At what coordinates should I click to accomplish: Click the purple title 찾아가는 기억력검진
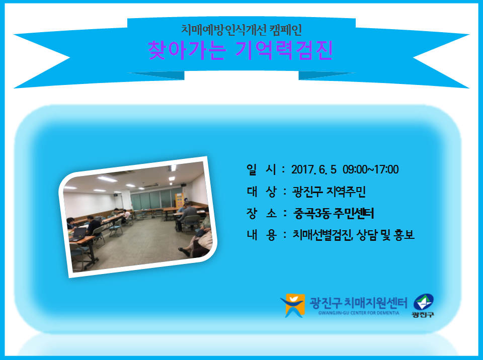(240, 50)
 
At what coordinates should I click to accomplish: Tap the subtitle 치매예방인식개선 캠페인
(241, 30)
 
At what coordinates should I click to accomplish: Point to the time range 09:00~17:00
(371, 169)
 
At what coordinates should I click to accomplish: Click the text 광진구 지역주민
(329, 192)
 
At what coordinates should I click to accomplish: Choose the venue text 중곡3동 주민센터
(334, 213)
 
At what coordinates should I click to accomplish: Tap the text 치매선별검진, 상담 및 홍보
(353, 235)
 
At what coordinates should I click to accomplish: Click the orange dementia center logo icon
(293, 305)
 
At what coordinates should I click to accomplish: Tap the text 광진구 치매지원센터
(358, 303)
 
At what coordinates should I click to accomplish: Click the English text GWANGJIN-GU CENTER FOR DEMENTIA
(359, 313)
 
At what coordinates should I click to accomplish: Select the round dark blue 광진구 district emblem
(424, 302)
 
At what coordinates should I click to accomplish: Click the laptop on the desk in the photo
(78, 234)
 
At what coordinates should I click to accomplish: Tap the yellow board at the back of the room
(179, 200)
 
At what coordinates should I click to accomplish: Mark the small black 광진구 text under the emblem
(423, 314)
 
